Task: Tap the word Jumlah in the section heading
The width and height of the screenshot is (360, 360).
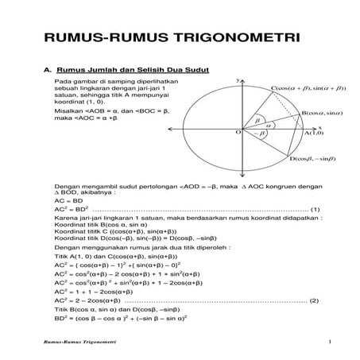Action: click(x=103, y=71)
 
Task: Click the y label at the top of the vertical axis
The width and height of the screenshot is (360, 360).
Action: click(x=238, y=80)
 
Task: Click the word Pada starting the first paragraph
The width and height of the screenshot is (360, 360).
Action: click(x=63, y=83)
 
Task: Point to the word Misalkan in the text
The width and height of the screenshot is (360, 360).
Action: click(x=69, y=112)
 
